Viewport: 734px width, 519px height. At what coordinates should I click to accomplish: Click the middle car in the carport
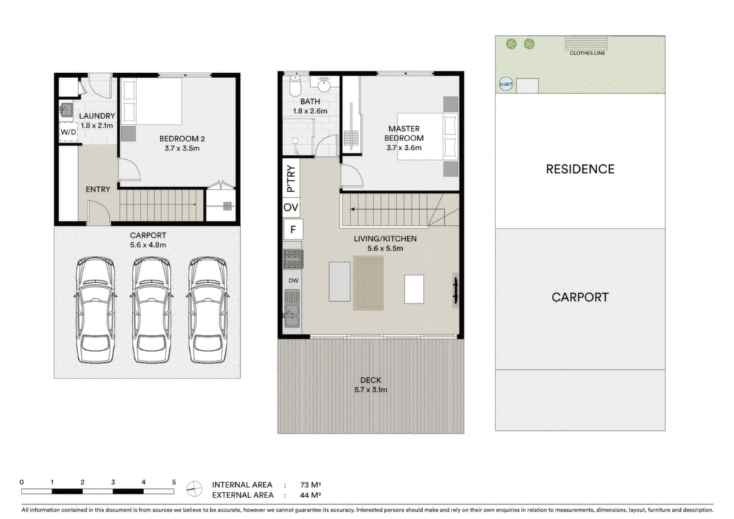152,310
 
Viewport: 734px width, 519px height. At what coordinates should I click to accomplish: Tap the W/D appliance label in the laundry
68,132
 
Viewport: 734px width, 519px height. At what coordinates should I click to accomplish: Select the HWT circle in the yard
506,85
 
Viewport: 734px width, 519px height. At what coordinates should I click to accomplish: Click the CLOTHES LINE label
587,53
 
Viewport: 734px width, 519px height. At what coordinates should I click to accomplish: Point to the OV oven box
291,207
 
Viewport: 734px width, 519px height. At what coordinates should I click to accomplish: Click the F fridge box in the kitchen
293,229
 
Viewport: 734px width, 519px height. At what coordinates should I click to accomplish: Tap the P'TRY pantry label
291,178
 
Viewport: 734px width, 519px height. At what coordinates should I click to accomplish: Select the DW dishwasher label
293,281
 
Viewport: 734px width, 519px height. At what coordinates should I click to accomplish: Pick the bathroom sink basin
325,85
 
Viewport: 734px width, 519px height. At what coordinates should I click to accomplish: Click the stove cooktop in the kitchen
293,259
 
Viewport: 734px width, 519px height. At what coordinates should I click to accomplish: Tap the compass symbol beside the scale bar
194,489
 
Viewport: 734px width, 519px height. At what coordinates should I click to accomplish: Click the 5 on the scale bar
173,482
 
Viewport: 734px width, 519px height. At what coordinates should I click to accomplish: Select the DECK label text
371,380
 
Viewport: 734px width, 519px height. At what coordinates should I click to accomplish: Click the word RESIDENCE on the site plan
580,169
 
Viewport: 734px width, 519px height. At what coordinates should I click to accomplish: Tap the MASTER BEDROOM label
404,133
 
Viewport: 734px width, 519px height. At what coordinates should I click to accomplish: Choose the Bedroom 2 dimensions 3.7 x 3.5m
182,148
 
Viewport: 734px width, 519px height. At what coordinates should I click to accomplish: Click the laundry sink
66,110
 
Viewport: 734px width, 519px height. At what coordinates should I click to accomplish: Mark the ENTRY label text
97,189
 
